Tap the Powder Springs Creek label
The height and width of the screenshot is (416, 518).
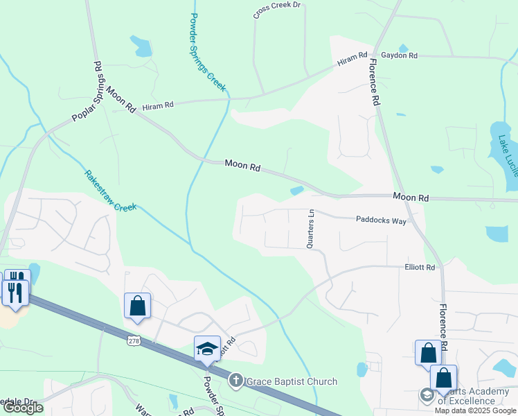coord(207,52)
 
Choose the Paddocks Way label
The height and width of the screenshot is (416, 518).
coord(381,220)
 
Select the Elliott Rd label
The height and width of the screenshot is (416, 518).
coord(420,268)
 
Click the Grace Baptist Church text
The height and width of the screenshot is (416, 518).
coord(291,381)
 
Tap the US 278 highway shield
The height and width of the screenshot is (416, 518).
coord(134,340)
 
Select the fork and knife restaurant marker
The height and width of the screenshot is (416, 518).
coord(16,286)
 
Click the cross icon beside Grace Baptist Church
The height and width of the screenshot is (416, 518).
coord(235,381)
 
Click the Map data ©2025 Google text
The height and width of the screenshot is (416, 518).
coord(476,410)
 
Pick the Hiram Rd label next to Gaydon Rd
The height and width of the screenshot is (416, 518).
coord(352,60)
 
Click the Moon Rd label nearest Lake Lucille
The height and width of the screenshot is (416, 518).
coord(411,198)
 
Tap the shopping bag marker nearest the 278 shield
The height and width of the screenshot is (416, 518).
coord(137,305)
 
